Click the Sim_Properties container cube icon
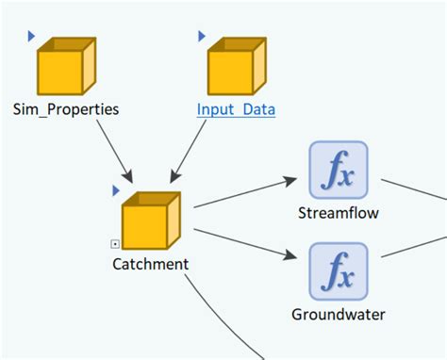pyautogui.click(x=65, y=66)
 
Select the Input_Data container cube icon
pyautogui.click(x=237, y=66)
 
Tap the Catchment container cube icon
pyautogui.click(x=151, y=221)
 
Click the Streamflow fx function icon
pyautogui.click(x=338, y=171)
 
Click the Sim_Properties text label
pyautogui.click(x=66, y=109)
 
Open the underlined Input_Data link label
pyautogui.click(x=236, y=109)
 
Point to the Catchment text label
pyautogui.click(x=150, y=264)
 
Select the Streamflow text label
pyautogui.click(x=338, y=213)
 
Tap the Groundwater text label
pyautogui.click(x=338, y=315)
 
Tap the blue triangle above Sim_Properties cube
pyautogui.click(x=31, y=35)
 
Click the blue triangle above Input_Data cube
pyautogui.click(x=202, y=35)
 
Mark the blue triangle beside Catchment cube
pyautogui.click(x=116, y=190)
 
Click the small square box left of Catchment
pyautogui.click(x=115, y=244)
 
